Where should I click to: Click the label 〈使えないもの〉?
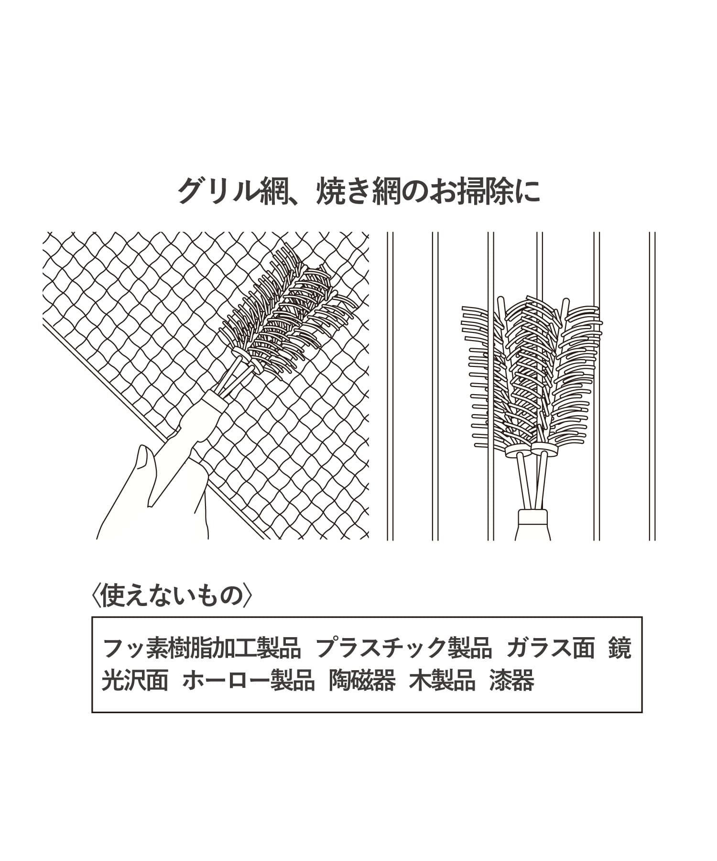point(171,595)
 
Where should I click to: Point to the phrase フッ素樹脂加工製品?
point(202,648)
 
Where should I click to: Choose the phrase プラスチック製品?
point(404,648)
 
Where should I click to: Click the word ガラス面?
point(551,648)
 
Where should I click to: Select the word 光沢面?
point(135,680)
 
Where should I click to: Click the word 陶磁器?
point(362,680)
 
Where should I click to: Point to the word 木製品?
point(443,680)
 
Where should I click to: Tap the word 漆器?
point(512,680)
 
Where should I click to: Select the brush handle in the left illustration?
point(191,430)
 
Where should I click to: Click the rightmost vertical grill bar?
point(652,386)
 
